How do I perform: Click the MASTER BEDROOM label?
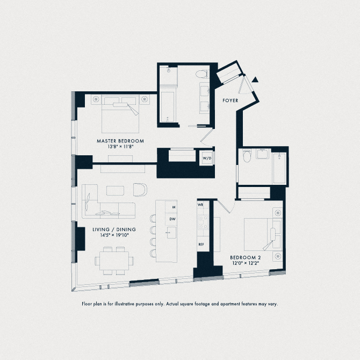pos(120,141)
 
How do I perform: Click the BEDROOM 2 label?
pos(245,257)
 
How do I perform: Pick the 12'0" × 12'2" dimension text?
pos(245,263)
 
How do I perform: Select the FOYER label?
pos(231,100)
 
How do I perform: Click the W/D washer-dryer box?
pos(207,159)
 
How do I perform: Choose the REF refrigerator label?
pos(201,244)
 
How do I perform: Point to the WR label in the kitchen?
pos(200,205)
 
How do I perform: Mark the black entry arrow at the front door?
pos(256,80)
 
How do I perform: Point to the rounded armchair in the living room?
pos(140,190)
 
